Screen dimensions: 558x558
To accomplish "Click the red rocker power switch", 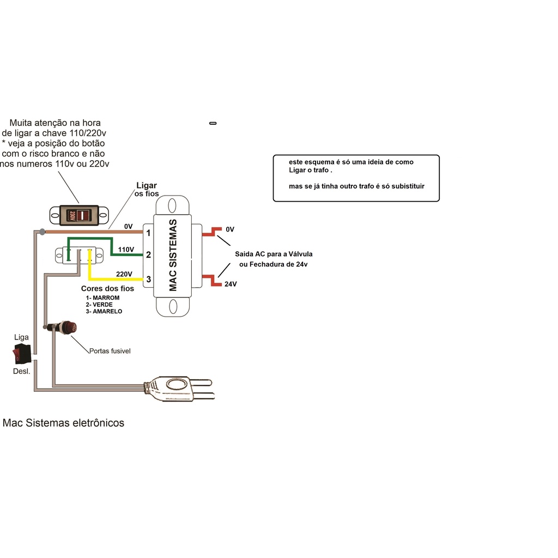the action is pyautogui.click(x=22, y=353).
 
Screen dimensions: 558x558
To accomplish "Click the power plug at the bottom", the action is pyautogui.click(x=179, y=388).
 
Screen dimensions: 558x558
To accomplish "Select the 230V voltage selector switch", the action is pyautogui.click(x=79, y=215).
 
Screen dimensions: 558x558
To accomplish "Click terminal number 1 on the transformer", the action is pyautogui.click(x=148, y=233).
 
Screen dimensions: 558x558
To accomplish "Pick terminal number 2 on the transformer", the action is pyautogui.click(x=148, y=255).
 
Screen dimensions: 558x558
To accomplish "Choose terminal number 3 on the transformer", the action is pyautogui.click(x=148, y=280).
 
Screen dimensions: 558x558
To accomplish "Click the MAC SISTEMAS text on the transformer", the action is pyautogui.click(x=173, y=255).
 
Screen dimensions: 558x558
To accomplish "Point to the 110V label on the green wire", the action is pyautogui.click(x=126, y=250).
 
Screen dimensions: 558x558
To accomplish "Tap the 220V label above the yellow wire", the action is pyautogui.click(x=124, y=274).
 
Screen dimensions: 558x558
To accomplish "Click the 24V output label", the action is pyautogui.click(x=231, y=284).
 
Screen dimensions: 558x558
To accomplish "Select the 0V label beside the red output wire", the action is pyautogui.click(x=230, y=229).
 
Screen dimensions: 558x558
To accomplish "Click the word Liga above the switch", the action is pyautogui.click(x=21, y=337).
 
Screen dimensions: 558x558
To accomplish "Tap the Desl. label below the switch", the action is pyautogui.click(x=21, y=371).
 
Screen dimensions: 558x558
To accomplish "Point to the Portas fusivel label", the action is pyautogui.click(x=110, y=351).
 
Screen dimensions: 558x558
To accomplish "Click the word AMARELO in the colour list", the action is pyautogui.click(x=107, y=311).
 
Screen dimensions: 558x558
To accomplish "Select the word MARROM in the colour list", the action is pyautogui.click(x=106, y=298).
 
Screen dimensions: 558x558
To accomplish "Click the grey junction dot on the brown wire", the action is pyautogui.click(x=43, y=232).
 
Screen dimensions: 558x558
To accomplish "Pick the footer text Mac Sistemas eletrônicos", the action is pyautogui.click(x=63, y=423).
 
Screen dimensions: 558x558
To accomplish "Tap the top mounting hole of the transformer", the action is pyautogui.click(x=172, y=205).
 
